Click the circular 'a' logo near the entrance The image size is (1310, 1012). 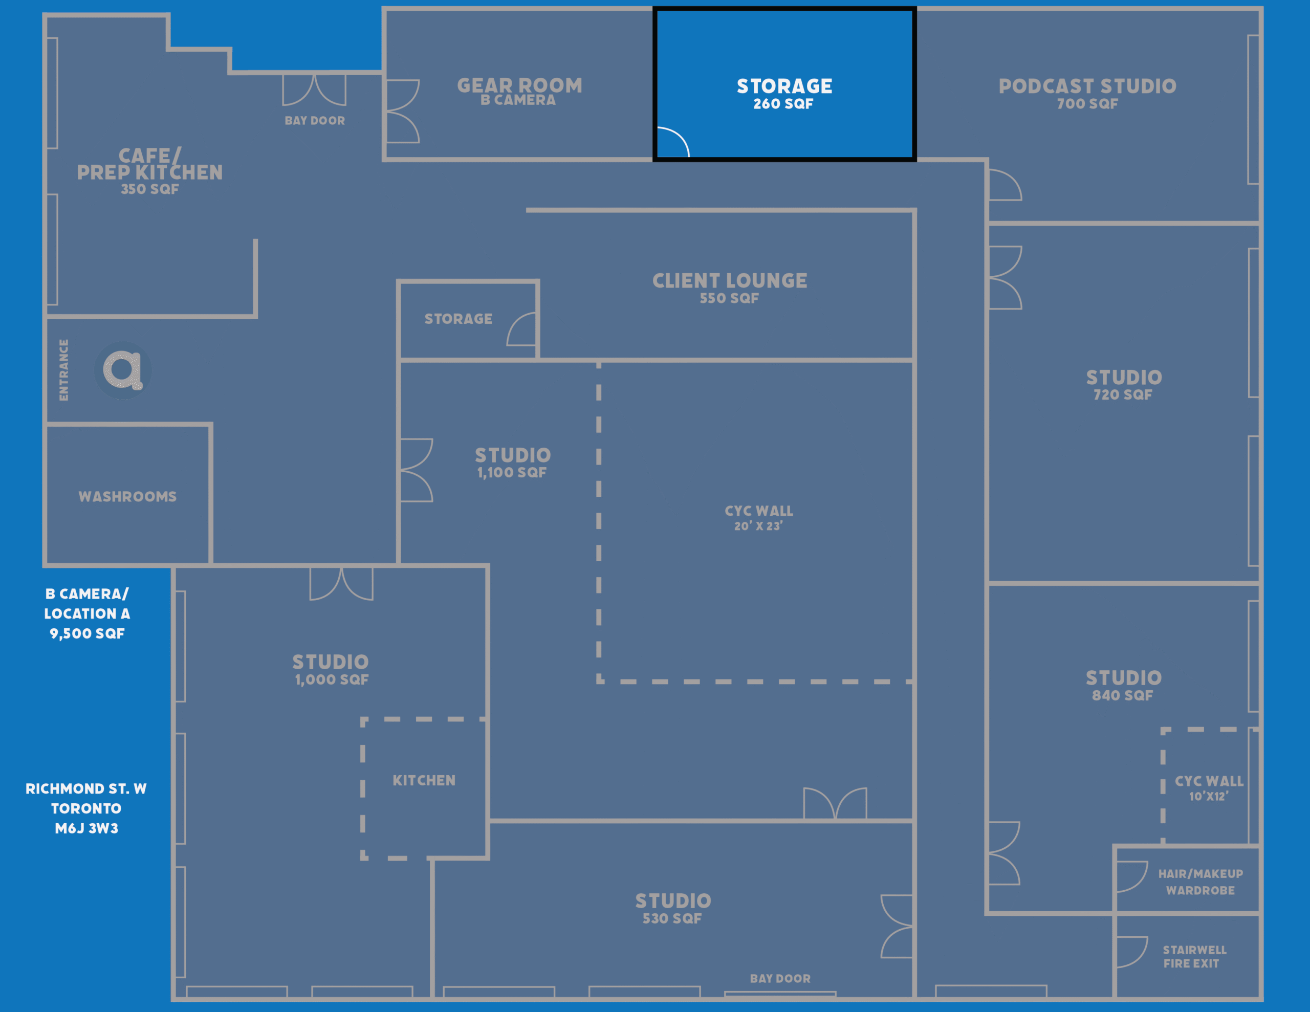point(122,369)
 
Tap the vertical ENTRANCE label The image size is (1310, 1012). point(63,369)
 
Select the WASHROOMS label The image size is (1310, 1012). point(128,497)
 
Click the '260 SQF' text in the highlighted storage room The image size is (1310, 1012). point(783,104)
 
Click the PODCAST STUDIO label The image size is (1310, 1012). point(1087,86)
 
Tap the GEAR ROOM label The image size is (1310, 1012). point(519,85)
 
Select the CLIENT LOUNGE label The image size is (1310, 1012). point(729,281)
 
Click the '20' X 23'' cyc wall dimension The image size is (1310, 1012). point(758,526)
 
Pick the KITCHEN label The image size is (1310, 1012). point(424,780)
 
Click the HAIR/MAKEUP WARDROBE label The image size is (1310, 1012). point(1200,882)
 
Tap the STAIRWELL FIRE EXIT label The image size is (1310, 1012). point(1194,956)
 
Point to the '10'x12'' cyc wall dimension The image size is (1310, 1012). point(1209,796)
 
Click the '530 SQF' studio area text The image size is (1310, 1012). point(672,918)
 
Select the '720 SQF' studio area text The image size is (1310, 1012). point(1122,395)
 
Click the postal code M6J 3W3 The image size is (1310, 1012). point(86,828)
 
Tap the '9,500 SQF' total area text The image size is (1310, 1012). point(87,633)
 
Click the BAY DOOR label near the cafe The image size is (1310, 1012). point(315,121)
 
